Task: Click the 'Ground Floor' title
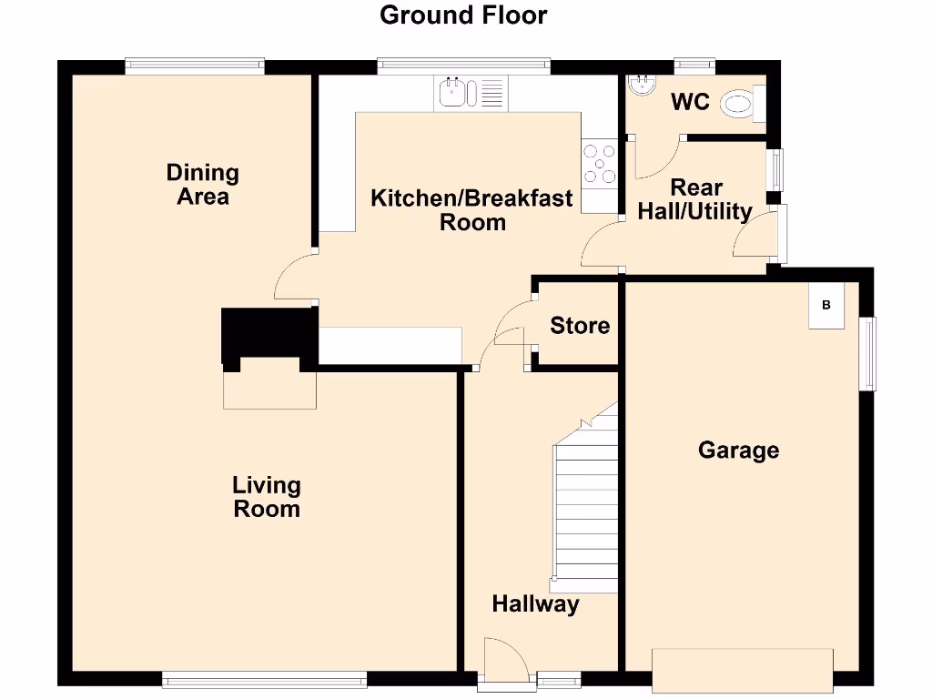click(463, 15)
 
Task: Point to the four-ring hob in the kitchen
click(599, 164)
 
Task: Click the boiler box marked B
click(826, 305)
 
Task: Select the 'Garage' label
click(738, 450)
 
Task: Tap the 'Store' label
click(580, 325)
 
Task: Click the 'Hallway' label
click(535, 603)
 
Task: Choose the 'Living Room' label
click(267, 497)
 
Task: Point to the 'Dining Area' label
click(203, 184)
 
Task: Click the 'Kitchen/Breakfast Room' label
click(471, 210)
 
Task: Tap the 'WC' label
click(690, 102)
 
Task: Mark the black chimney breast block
click(268, 335)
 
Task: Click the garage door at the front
click(743, 668)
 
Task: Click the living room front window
click(264, 677)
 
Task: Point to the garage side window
click(869, 353)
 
